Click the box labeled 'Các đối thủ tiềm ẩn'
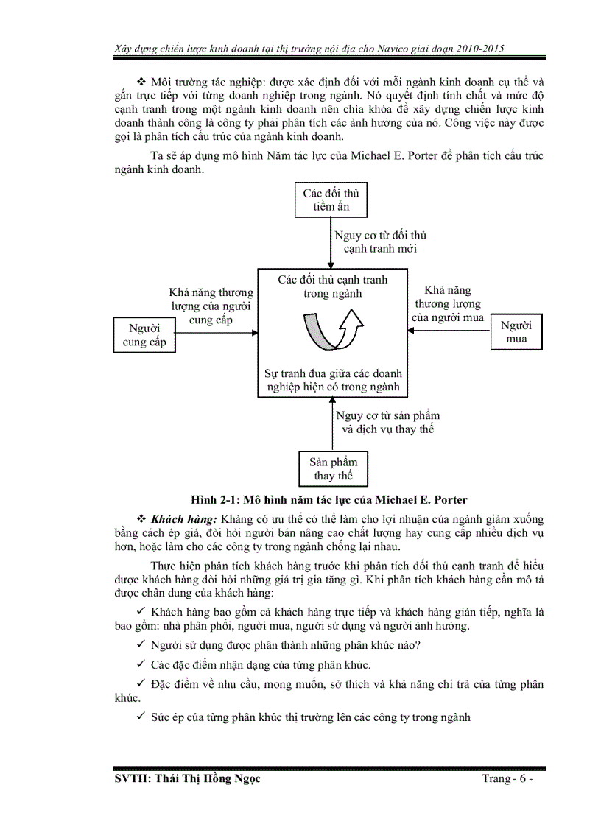pos(331,200)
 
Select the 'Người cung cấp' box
pos(144,335)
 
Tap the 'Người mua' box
pos(517,331)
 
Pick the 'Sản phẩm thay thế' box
pos(333,468)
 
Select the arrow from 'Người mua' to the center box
pos(449,331)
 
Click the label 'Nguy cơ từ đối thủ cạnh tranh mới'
pos(380,242)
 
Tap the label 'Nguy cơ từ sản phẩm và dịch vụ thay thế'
pos(384,422)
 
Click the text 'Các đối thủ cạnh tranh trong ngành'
pos(333,286)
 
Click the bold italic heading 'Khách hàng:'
pos(184,519)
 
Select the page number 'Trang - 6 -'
pos(503,780)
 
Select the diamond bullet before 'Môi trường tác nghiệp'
pos(141,81)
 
